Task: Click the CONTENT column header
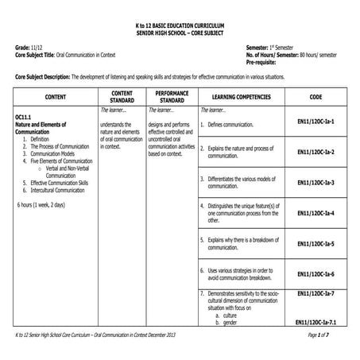56,97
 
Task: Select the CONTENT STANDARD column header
122,97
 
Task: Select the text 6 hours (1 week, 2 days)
47,205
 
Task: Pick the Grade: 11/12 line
29,48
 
